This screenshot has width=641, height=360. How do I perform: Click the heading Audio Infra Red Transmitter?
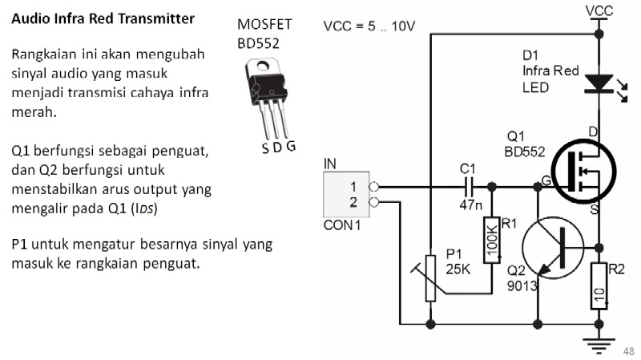pyautogui.click(x=103, y=18)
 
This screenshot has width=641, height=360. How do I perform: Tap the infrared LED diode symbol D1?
pyautogui.click(x=599, y=83)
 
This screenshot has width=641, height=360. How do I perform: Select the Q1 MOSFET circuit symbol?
pyautogui.click(x=584, y=171)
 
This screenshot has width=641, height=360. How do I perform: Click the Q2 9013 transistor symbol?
pyautogui.click(x=553, y=248)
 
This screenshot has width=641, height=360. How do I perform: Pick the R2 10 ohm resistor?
pyautogui.click(x=599, y=285)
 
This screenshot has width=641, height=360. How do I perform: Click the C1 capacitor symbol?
pyautogui.click(x=469, y=188)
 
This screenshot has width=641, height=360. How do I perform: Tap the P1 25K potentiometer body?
pyautogui.click(x=430, y=278)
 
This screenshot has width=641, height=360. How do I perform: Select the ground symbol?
pyautogui.click(x=599, y=345)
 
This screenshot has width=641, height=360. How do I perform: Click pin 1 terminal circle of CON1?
pyautogui.click(x=373, y=188)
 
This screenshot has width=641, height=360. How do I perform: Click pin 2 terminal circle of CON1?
pyautogui.click(x=373, y=202)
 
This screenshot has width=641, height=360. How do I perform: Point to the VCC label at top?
pyautogui.click(x=599, y=11)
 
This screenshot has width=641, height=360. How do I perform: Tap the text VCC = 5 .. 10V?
pyautogui.click(x=369, y=26)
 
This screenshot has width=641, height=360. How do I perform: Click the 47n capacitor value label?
pyautogui.click(x=470, y=204)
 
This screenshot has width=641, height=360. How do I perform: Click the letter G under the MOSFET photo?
pyautogui.click(x=291, y=146)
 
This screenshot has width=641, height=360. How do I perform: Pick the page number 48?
pyautogui.click(x=629, y=351)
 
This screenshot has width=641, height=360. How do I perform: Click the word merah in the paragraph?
pyautogui.click(x=34, y=112)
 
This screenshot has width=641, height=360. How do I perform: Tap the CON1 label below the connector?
pyautogui.click(x=342, y=225)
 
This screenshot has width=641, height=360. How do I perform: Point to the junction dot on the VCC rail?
pyautogui.click(x=599, y=34)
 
